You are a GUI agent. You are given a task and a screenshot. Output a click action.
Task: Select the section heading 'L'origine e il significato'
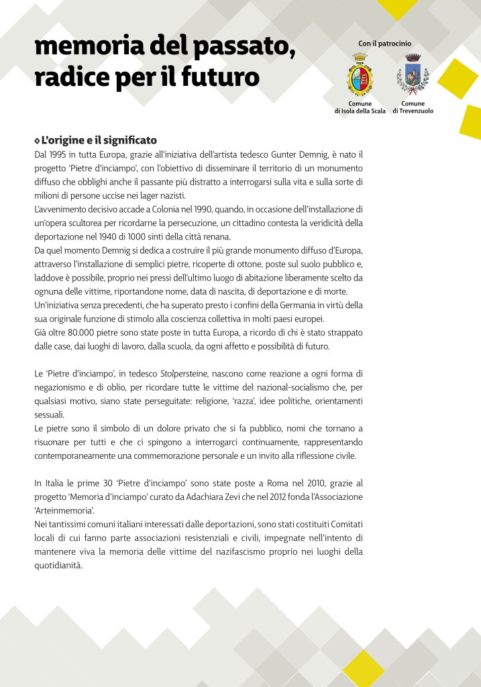(99, 140)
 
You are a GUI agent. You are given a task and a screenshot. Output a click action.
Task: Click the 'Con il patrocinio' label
(384, 44)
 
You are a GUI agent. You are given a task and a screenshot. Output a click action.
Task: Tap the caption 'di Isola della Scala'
(360, 111)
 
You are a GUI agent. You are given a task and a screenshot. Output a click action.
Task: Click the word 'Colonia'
(146, 209)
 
